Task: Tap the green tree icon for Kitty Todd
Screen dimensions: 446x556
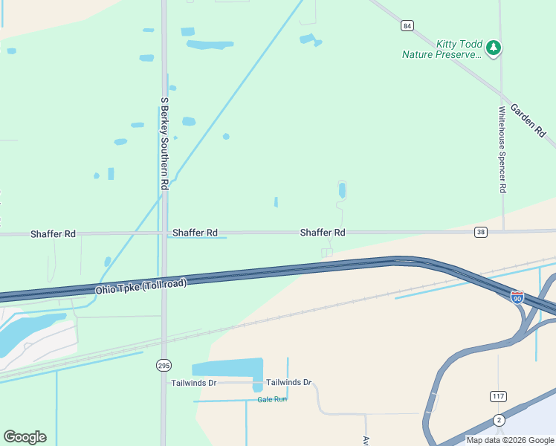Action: [x=494, y=48]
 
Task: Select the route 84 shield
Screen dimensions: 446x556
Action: [x=407, y=25]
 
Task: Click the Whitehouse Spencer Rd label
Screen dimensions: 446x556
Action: [x=502, y=149]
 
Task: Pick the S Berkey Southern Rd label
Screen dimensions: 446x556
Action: [x=164, y=141]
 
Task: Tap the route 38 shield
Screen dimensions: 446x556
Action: [x=481, y=233]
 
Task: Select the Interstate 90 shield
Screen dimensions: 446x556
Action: [x=517, y=297]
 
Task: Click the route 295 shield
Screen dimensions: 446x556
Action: [x=164, y=364]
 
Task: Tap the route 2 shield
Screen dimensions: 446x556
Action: [x=498, y=420]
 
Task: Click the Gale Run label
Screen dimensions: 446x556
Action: [x=271, y=399]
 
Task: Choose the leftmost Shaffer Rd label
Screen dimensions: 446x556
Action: [x=53, y=234]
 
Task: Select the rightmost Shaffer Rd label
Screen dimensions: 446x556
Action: [x=323, y=233]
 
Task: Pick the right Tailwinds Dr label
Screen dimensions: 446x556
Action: [x=288, y=382]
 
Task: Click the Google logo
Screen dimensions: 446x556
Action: [x=25, y=437]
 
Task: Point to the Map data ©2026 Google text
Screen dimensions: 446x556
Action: [x=510, y=439]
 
